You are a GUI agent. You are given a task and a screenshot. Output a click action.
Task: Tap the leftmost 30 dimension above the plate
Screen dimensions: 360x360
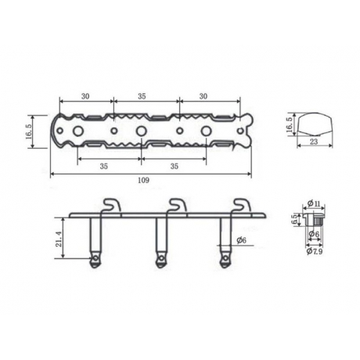pyautogui.click(x=85, y=96)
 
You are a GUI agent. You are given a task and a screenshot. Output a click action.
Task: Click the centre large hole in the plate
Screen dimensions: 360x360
pyautogui.click(x=142, y=130)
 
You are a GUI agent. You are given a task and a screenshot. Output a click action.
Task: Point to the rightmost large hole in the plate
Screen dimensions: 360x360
pyautogui.click(x=207, y=130)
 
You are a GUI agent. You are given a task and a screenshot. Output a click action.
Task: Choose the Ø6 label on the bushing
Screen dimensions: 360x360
pyautogui.click(x=313, y=234)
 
